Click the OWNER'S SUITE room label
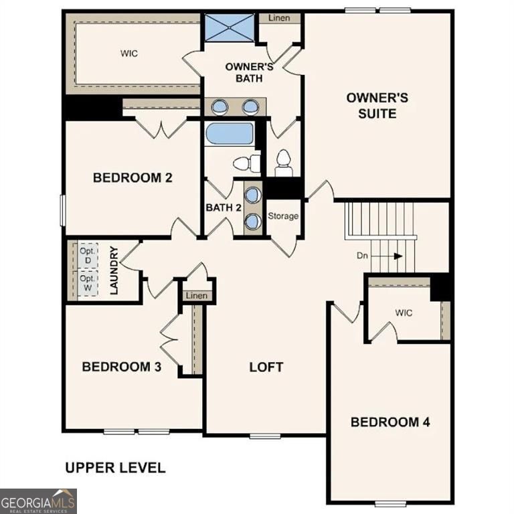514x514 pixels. coord(377,106)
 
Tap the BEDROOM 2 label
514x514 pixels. coord(133,177)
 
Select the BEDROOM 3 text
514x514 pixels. coord(121,367)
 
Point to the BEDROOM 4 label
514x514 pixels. coord(390,422)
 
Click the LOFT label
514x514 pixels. coord(266,367)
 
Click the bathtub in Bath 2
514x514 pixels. coord(229,133)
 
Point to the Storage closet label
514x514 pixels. coord(283,216)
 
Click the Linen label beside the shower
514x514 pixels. coord(279,18)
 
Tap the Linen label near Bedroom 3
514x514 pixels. coord(197,296)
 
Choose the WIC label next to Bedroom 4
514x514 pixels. coord(403,312)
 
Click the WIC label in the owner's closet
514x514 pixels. coord(129,54)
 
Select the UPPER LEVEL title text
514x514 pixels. coord(114,468)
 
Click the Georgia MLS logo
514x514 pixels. coord(38,501)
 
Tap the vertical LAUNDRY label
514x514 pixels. coord(114,271)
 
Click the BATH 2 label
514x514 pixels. coord(223,207)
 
